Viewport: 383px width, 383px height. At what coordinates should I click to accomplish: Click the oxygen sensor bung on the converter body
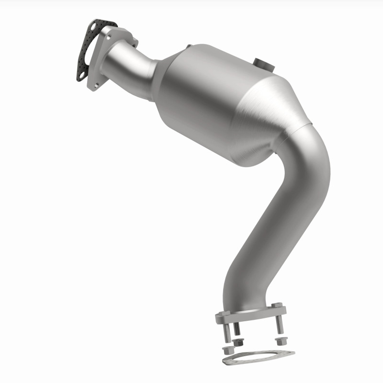click(264, 63)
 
